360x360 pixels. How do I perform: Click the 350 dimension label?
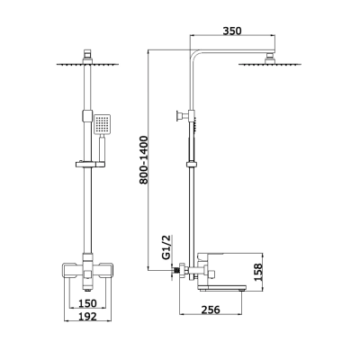click(232, 31)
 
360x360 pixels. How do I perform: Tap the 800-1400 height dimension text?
click(144, 160)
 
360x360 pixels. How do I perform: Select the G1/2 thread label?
click(166, 247)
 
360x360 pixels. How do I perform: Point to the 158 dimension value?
click(258, 272)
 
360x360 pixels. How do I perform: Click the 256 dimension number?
click(210, 310)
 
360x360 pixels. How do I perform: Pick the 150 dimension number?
click(87, 303)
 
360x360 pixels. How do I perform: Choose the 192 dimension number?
click(87, 316)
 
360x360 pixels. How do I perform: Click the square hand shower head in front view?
click(102, 124)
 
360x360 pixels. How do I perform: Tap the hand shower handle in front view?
click(102, 148)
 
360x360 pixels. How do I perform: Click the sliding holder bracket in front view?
click(91, 164)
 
